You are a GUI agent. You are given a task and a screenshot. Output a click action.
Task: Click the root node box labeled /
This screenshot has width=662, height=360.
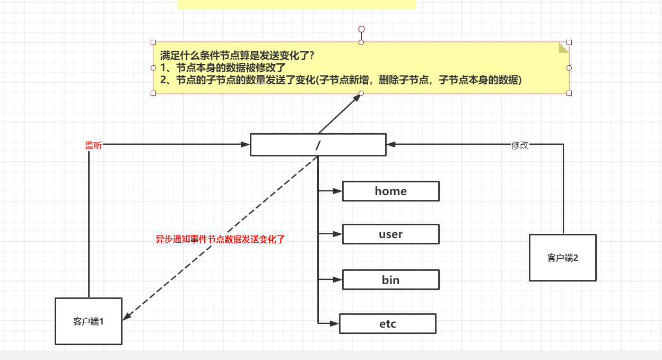(318, 145)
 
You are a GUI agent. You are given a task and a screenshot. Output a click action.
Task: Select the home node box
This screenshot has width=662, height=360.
(390, 191)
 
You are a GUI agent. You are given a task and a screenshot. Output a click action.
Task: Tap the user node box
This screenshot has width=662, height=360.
(390, 234)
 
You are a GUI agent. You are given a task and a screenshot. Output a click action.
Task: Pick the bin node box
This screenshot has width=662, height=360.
(390, 280)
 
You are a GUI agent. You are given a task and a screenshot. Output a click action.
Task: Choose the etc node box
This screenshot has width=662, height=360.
(387, 324)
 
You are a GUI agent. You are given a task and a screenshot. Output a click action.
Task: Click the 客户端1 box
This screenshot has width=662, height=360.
(89, 321)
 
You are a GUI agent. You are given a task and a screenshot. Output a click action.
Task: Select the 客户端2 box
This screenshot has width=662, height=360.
(562, 258)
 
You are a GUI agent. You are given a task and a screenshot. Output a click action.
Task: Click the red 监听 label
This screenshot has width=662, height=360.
(93, 145)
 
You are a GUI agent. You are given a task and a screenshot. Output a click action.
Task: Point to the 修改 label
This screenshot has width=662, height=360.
(520, 145)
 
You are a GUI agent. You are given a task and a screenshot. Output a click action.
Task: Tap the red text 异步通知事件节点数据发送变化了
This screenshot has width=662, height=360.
(220, 239)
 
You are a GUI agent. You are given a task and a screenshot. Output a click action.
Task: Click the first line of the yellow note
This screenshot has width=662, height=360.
(237, 55)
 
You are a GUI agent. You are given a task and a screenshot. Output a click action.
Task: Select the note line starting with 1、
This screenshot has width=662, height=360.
(223, 67)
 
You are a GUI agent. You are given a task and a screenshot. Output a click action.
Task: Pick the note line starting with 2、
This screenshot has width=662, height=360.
(341, 80)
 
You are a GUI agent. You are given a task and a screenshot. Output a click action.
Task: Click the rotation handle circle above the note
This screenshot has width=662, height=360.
(361, 29)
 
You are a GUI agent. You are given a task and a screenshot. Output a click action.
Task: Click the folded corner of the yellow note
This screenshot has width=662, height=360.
(563, 48)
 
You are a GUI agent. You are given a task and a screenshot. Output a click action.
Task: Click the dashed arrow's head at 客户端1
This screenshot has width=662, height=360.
(126, 317)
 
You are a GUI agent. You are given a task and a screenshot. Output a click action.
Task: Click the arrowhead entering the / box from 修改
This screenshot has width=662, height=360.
(391, 144)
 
